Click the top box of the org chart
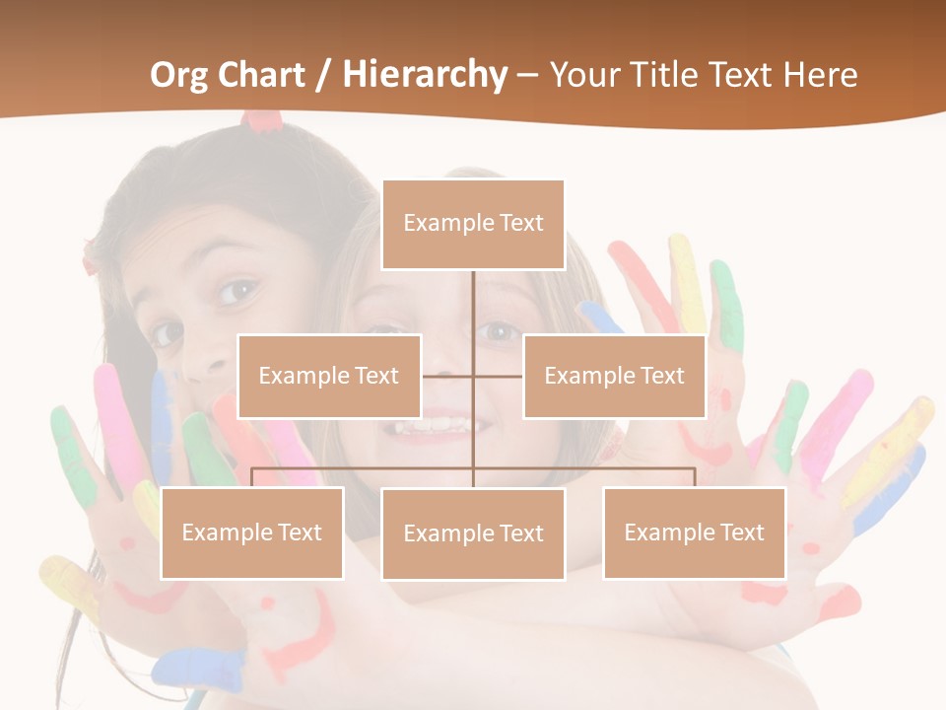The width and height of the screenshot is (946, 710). (473, 224)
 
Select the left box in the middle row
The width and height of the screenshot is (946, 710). (329, 376)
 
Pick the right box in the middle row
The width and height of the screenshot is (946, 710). (614, 376)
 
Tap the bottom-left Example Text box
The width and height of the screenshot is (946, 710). (252, 532)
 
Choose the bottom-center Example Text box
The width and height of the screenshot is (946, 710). (473, 533)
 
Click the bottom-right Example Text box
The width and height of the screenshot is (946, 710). (695, 532)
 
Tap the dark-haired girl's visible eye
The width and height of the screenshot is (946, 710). (237, 291)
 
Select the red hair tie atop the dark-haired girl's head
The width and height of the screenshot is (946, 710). (262, 120)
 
